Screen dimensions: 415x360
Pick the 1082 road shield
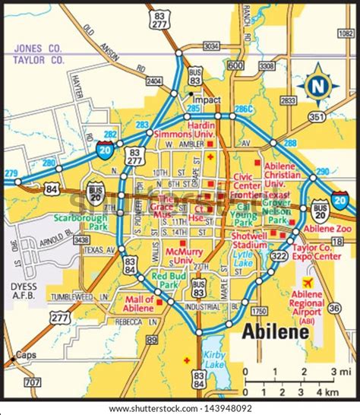tap(346, 33)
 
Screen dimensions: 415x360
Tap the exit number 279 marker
tap(10, 174)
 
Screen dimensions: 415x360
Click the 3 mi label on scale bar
tap(333, 371)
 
